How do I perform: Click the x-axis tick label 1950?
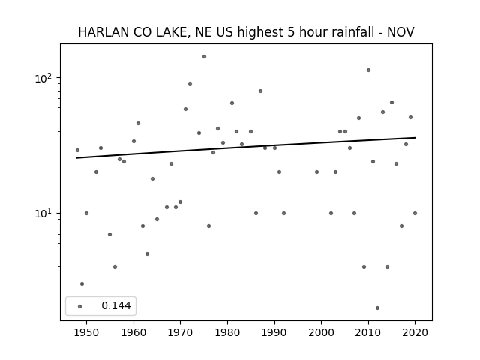86,332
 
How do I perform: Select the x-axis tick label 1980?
227,332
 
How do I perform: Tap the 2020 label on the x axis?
415,332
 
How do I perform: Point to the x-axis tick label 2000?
322,332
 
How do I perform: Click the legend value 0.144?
116,305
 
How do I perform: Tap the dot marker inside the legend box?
80,306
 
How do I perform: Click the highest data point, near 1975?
204,57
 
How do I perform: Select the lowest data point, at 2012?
377,307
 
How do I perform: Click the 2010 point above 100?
368,70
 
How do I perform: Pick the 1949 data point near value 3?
82,283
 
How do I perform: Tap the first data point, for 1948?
77,150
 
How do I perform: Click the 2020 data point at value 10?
415,213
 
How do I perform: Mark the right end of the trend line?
415,138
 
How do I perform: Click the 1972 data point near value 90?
190,83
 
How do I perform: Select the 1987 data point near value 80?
260,91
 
